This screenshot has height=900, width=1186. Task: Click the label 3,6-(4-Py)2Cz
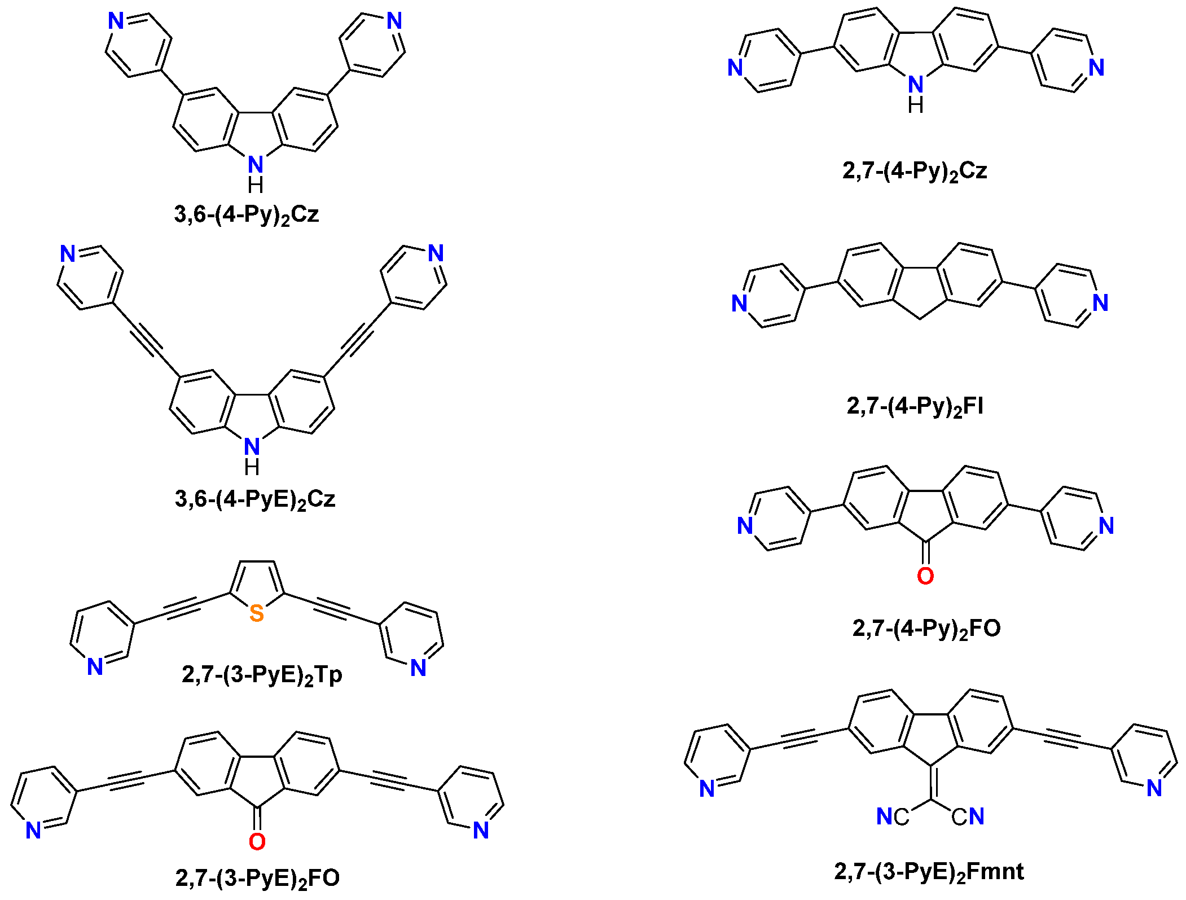click(x=247, y=214)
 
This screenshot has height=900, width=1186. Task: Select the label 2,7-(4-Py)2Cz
click(x=915, y=170)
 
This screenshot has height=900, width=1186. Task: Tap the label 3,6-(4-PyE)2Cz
click(x=255, y=499)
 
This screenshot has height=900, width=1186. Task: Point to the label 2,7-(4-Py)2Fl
click(x=915, y=406)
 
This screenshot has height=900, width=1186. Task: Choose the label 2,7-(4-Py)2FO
click(x=926, y=628)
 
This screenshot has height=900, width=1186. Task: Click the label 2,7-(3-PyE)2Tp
click(x=262, y=675)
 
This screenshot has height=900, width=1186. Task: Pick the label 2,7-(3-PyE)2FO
click(x=257, y=878)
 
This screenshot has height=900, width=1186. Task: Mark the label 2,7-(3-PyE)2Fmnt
click(x=929, y=872)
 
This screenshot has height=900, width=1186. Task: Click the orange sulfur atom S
click(x=257, y=613)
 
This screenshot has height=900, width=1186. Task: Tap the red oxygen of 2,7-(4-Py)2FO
click(x=925, y=576)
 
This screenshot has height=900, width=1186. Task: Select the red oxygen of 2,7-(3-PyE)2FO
click(x=257, y=842)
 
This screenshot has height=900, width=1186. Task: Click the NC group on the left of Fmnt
click(x=893, y=816)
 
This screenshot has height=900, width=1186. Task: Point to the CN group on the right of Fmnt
click(x=968, y=816)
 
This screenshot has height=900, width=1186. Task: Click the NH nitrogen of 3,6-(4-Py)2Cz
click(x=256, y=165)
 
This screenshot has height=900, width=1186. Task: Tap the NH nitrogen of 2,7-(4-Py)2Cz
click(x=916, y=85)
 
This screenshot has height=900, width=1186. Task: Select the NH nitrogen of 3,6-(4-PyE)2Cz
click(x=252, y=447)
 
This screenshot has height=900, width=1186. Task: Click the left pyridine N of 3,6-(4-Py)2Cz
click(x=116, y=21)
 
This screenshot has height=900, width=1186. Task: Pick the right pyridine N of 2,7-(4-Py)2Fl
click(x=1100, y=303)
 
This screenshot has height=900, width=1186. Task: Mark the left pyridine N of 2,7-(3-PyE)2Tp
click(x=95, y=667)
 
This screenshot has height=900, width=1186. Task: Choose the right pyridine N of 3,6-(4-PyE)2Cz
click(x=436, y=253)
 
